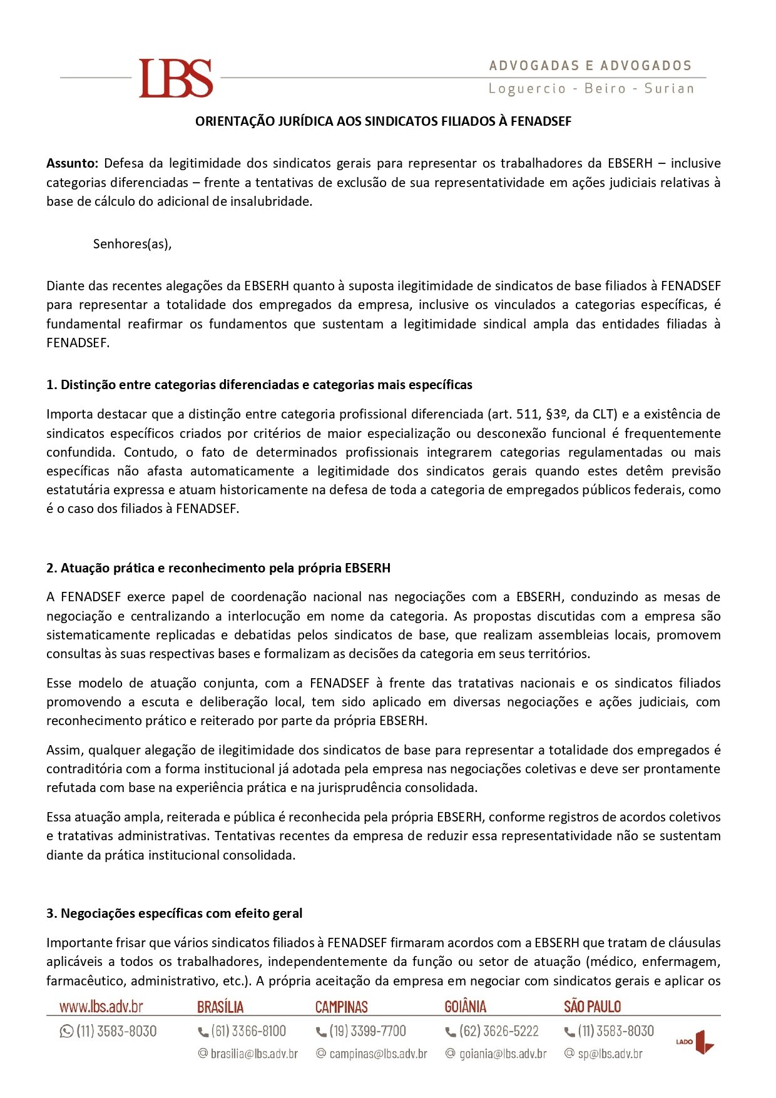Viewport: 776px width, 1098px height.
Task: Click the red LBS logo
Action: tap(176, 78)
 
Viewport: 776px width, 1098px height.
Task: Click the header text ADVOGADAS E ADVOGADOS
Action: tap(590, 66)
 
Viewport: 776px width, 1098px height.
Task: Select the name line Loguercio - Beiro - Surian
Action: tap(591, 89)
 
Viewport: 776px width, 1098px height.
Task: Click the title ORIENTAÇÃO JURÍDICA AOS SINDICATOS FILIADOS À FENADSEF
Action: tap(383, 121)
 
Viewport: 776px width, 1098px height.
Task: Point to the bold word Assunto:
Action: tap(72, 164)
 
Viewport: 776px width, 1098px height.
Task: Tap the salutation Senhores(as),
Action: tap(132, 244)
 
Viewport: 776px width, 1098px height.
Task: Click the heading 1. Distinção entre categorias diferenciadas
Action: tap(259, 385)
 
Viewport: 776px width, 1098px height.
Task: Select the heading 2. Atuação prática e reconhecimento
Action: tap(218, 568)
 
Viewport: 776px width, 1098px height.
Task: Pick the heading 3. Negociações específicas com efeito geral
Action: tap(174, 913)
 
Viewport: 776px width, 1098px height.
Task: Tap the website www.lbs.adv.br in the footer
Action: tap(101, 1007)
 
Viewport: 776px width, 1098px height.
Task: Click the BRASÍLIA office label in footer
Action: tap(220, 1007)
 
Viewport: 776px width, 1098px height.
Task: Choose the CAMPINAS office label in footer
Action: tap(342, 1007)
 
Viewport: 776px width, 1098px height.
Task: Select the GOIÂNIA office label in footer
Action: tap(465, 1007)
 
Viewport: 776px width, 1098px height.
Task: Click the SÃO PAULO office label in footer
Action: tap(592, 1007)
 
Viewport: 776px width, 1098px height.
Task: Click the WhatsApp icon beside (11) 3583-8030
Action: tap(66, 1031)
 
